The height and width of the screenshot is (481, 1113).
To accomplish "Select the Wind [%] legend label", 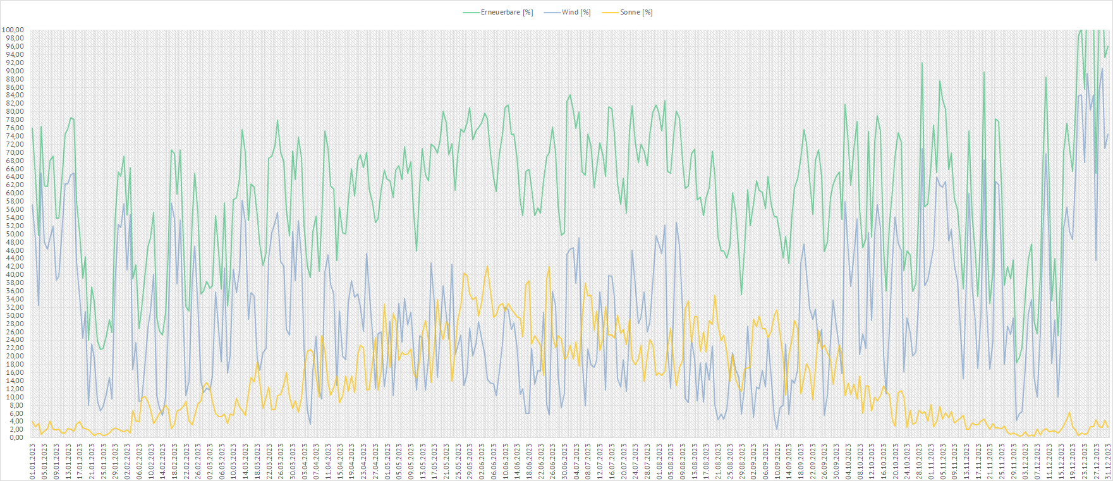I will click(x=576, y=13).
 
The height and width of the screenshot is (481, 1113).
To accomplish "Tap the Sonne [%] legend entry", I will click(x=636, y=13).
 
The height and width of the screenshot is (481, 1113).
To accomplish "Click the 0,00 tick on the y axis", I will click(x=16, y=437).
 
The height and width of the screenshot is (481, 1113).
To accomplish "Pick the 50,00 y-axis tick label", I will click(x=15, y=234).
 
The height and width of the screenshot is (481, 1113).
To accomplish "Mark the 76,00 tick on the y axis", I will click(x=15, y=128).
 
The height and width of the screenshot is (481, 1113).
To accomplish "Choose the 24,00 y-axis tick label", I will click(x=15, y=339).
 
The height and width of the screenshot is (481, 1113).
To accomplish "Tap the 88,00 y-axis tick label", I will click(x=15, y=79).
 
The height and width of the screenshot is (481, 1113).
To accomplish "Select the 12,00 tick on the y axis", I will click(x=15, y=389).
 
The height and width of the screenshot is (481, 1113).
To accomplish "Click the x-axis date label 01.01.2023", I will click(x=32, y=461).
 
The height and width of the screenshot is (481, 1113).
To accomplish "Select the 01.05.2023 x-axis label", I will click(x=387, y=461).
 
